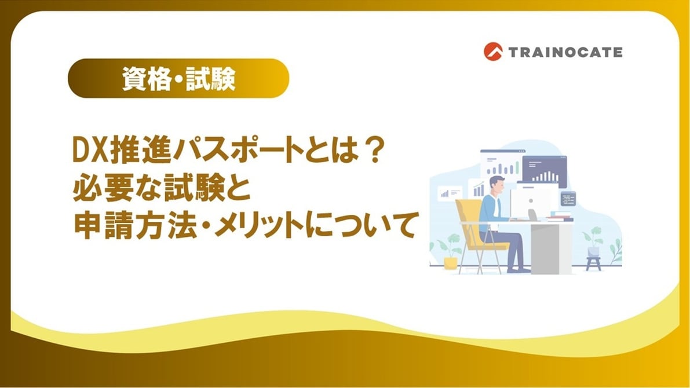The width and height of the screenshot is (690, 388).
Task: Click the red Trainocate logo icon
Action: point(493,52)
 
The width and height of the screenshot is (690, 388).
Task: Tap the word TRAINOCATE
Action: point(565,52)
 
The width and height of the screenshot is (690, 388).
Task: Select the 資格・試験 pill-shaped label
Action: point(178,78)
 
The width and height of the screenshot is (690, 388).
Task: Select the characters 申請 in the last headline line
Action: point(103,226)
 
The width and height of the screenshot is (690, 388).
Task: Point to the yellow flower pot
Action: point(451,263)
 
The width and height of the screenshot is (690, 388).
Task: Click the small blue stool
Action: point(593,263)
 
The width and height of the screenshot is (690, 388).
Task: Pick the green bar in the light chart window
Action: point(517,167)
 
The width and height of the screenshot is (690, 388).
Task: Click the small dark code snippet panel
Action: point(568,199)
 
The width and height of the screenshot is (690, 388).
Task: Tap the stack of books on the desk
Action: point(559,217)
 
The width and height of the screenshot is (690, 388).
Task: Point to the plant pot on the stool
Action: point(593,252)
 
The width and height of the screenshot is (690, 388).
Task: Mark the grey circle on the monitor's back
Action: point(531,200)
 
